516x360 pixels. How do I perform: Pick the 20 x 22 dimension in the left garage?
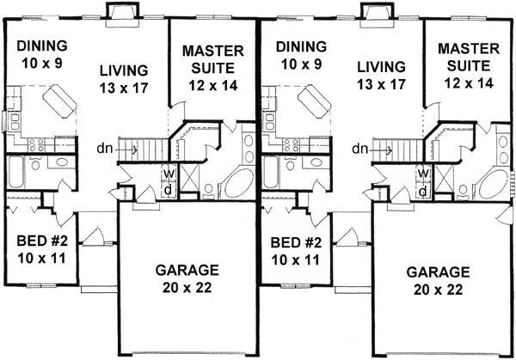click(x=181, y=286)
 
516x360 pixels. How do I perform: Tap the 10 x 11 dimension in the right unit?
click(x=295, y=256)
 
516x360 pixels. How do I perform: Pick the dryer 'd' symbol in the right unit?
click(x=424, y=189)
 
